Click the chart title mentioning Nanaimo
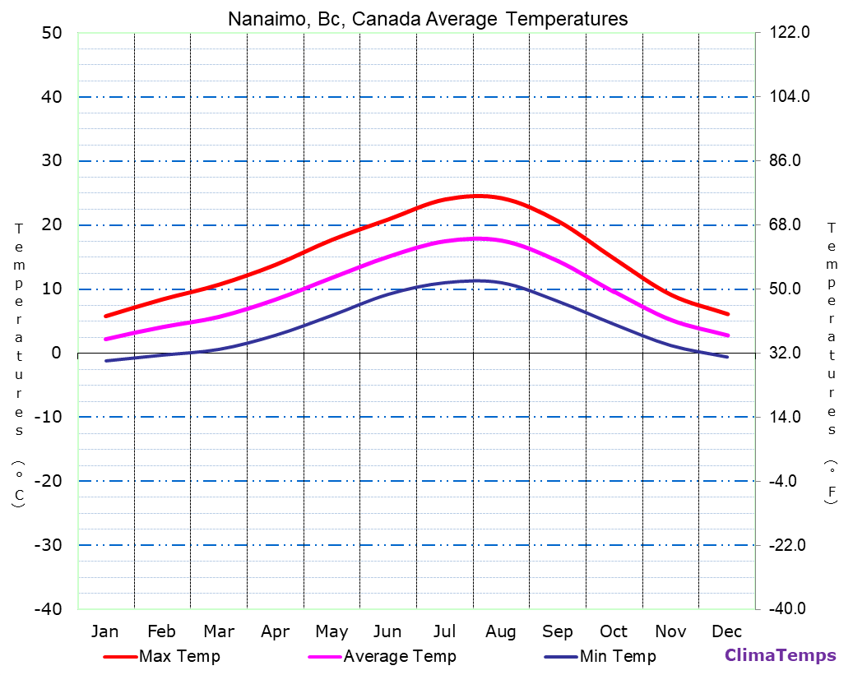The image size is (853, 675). click(x=427, y=19)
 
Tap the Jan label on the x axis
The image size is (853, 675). click(x=104, y=631)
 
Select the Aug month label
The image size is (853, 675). click(x=500, y=631)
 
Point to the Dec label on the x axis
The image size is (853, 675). click(x=726, y=631)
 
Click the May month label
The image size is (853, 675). click(x=331, y=631)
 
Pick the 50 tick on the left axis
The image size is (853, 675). click(x=52, y=33)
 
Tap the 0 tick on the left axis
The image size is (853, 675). click(x=57, y=353)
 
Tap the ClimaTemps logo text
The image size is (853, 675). click(x=780, y=655)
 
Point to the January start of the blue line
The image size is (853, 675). click(x=105, y=361)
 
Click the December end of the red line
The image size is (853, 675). click(x=727, y=314)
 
